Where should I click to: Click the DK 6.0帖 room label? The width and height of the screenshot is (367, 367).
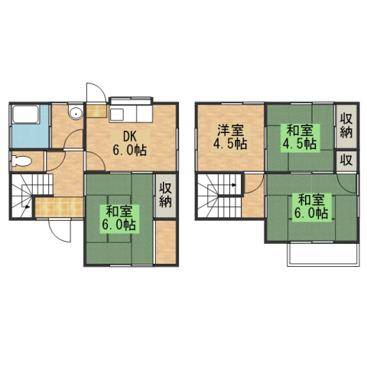[x=130, y=144]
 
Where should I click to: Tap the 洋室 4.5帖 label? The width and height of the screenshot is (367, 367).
[x=230, y=137]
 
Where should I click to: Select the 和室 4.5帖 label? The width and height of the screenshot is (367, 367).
[x=300, y=137]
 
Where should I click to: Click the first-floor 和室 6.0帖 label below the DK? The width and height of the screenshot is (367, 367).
[x=119, y=218]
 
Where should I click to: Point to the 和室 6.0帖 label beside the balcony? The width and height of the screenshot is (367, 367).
[x=311, y=206]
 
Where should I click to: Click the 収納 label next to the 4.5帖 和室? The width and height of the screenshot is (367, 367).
[x=346, y=126]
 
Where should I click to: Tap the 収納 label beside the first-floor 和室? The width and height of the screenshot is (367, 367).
[x=165, y=196]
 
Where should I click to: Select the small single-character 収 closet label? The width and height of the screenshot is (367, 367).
[x=346, y=160]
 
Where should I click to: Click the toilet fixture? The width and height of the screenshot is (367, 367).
[x=21, y=161]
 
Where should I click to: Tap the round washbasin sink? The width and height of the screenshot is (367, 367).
[x=76, y=112]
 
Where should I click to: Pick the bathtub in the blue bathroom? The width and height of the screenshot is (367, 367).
[x=25, y=114]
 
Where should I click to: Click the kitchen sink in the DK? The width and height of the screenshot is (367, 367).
[x=117, y=114]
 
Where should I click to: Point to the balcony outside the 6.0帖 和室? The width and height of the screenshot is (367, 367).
[x=323, y=255]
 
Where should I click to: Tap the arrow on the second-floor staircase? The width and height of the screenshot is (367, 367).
[x=234, y=185]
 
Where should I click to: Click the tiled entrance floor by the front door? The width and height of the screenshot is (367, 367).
[x=59, y=206]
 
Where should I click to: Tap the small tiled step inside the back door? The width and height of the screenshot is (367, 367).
[x=96, y=111]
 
